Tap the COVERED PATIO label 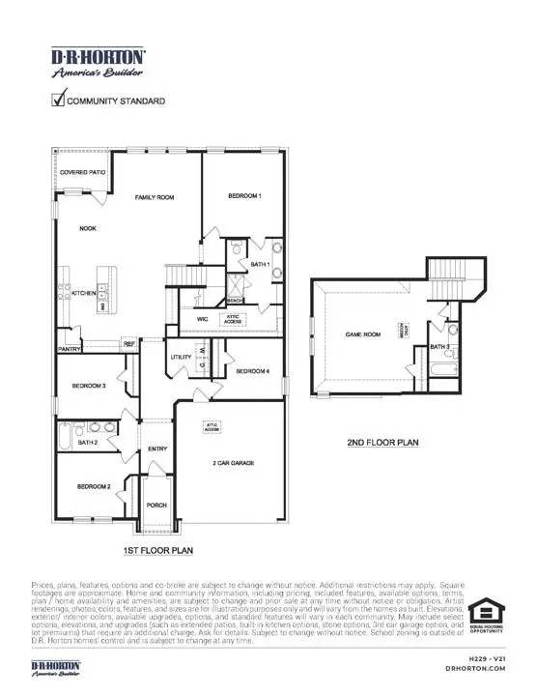pyautogui.click(x=82, y=172)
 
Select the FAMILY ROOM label pyautogui.click(x=154, y=197)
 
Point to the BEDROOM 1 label pyautogui.click(x=244, y=196)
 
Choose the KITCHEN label pyautogui.click(x=84, y=293)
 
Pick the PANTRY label pyautogui.click(x=69, y=348)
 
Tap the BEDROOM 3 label pyautogui.click(x=89, y=387)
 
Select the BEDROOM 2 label pyautogui.click(x=94, y=486)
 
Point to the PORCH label pyautogui.click(x=156, y=505)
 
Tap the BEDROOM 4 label pyautogui.click(x=252, y=371)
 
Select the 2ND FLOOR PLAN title pyautogui.click(x=382, y=444)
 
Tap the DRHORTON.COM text pyautogui.click(x=470, y=668)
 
